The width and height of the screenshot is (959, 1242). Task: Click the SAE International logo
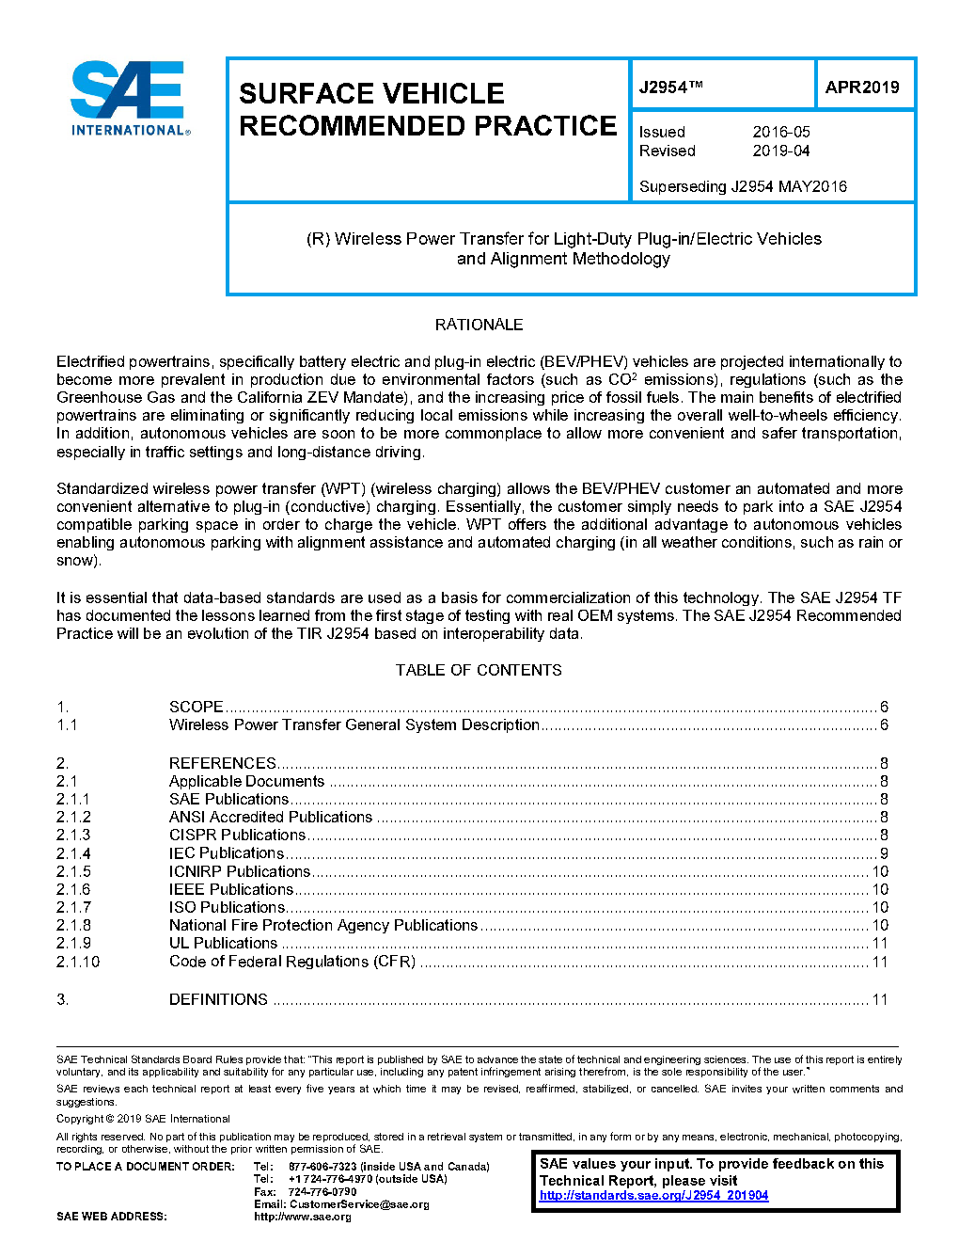pos(130,99)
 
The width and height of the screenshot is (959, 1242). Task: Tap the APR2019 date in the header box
pos(861,88)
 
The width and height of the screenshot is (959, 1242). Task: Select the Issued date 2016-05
pos(780,132)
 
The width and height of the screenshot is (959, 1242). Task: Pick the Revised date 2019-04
pos(780,151)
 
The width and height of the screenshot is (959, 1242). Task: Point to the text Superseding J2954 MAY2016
pos(743,186)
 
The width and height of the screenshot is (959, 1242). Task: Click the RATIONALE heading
pos(479,325)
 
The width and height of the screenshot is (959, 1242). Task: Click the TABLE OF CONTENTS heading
pos(479,670)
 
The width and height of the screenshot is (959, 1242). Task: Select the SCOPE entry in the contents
pos(197,707)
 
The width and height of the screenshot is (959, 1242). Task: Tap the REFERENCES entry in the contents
pos(223,763)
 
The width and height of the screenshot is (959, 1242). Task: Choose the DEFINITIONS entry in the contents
pos(218,999)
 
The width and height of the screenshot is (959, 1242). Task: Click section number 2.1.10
pos(78,962)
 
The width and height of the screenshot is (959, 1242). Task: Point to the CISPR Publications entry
pos(237,835)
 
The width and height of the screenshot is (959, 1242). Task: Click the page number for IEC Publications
pos(884,853)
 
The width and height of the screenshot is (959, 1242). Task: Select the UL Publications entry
pos(223,943)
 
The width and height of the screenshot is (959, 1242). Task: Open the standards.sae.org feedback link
pos(653,1196)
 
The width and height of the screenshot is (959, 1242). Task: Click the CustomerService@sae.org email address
pos(359,1204)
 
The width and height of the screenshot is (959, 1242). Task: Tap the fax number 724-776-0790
pos(322,1191)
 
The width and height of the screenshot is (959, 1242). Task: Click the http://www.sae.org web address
pos(302,1217)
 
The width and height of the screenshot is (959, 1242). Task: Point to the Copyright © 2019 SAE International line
pos(143,1119)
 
